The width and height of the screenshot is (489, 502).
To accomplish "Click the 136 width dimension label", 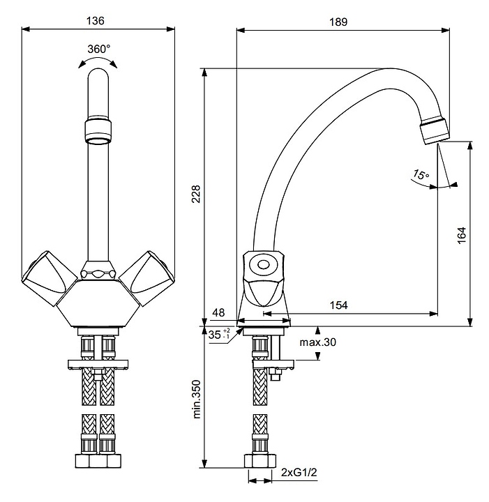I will pos(96,21).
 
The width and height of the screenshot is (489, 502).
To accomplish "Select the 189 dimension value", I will pos(338,21).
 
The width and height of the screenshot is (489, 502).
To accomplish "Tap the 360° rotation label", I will pos(99,49).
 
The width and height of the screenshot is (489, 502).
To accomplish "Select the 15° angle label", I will pos(420,174).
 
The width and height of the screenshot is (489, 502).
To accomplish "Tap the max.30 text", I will pos(318,342).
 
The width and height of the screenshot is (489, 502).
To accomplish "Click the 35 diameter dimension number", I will pos(215,335).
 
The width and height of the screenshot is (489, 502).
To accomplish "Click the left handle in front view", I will pos(46,280).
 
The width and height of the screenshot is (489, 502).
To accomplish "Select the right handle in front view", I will pos(146,280).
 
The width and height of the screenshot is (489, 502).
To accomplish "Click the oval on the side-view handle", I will pos(264,265).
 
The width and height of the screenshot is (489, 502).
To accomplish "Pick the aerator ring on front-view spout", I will pos(98,129).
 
